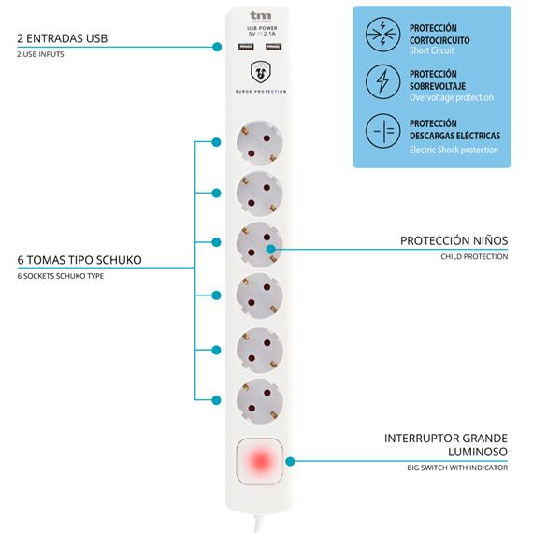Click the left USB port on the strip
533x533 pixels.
coord(246,47)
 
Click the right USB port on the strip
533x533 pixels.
coord(274,47)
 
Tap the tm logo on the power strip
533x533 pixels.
coord(261,16)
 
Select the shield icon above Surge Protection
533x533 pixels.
coord(261,72)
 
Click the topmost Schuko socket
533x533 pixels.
coord(259,142)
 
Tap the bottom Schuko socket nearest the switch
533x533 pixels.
coord(259,401)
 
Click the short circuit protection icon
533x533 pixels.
coord(382,35)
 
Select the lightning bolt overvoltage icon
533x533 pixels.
coord(382,81)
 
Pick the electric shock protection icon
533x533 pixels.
coord(382,131)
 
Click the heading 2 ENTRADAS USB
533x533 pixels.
coord(63,38)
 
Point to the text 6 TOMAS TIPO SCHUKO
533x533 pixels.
coord(79,260)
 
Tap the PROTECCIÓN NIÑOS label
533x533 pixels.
coord(454,240)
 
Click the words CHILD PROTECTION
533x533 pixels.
coord(474,256)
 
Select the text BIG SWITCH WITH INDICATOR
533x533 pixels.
coord(457,468)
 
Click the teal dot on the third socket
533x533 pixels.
coord(271,249)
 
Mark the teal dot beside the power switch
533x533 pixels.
coord(290,461)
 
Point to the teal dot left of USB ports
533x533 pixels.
coord(217,47)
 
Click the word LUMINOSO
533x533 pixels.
coord(478,452)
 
